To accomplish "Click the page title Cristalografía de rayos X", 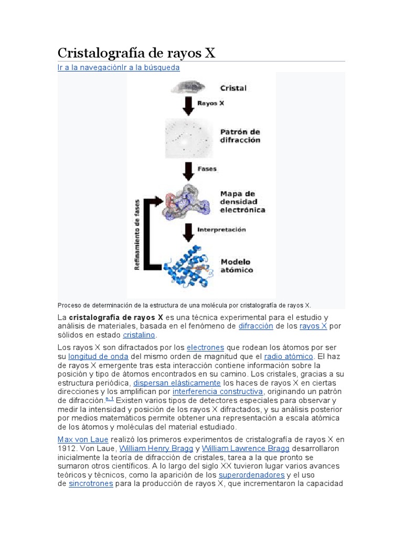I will coord(136,53).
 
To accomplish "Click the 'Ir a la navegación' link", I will coord(90,68).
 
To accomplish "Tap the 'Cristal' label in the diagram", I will coord(233,88).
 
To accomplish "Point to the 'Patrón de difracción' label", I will coord(240,136).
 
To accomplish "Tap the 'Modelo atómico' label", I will coord(236,266).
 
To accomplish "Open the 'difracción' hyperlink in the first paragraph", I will coord(256,326).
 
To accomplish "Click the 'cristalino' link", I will coord(140,335).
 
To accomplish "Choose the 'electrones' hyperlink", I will coord(205,348).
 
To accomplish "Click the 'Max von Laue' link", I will coord(83,439).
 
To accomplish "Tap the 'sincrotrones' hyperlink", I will coord(91,483).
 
